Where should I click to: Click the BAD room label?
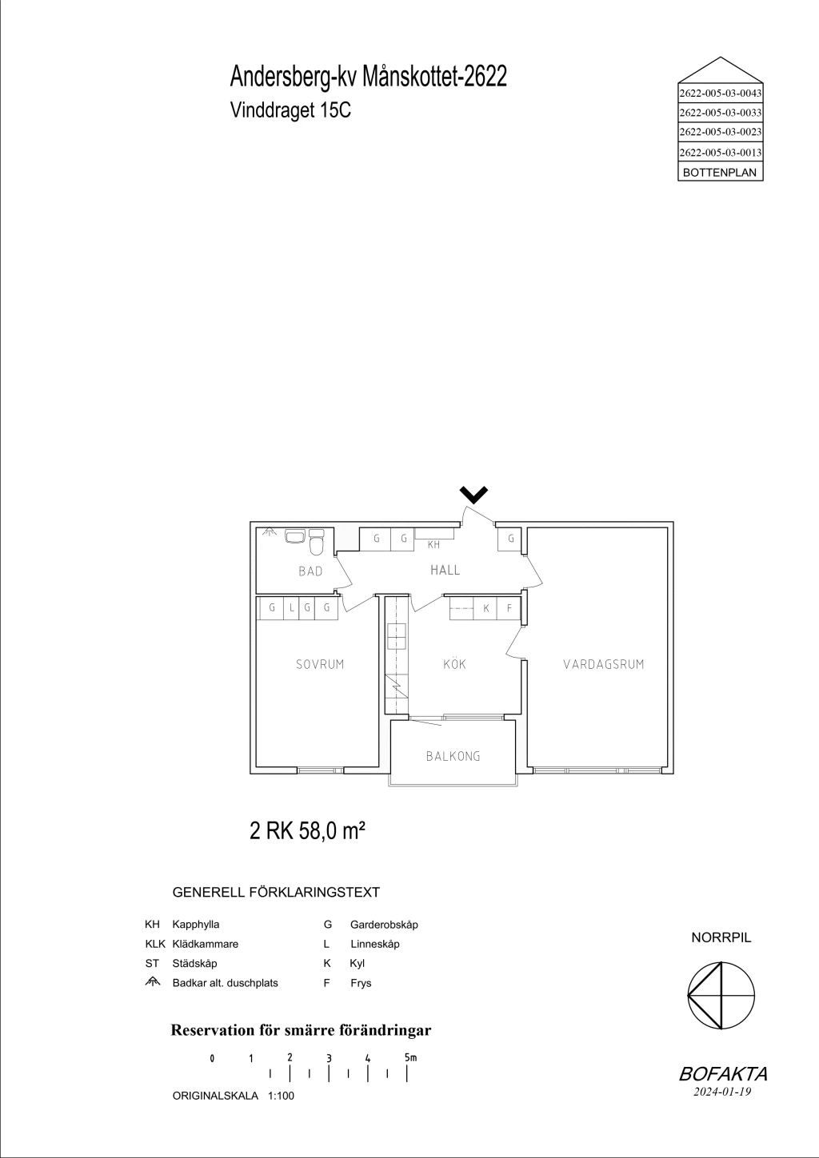[x=310, y=571]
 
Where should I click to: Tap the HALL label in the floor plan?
[x=445, y=571]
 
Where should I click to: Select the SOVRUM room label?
[x=320, y=664]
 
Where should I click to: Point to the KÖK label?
[x=455, y=664]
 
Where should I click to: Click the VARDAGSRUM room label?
[x=604, y=664]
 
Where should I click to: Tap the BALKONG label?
[x=453, y=756]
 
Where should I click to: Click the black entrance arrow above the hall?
[x=474, y=495]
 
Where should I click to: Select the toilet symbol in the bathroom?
[x=316, y=543]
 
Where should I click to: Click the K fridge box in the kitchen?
[x=485, y=608]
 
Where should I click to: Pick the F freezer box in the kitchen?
[x=509, y=608]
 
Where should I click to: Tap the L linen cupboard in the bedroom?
[x=291, y=608]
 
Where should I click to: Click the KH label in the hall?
[x=433, y=544]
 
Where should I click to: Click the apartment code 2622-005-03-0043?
[x=720, y=94]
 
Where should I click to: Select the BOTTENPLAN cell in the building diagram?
[x=720, y=173]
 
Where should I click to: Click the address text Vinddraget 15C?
[x=290, y=110]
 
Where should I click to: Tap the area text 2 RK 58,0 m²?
[x=307, y=832]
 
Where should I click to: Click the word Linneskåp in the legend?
[x=375, y=944]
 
